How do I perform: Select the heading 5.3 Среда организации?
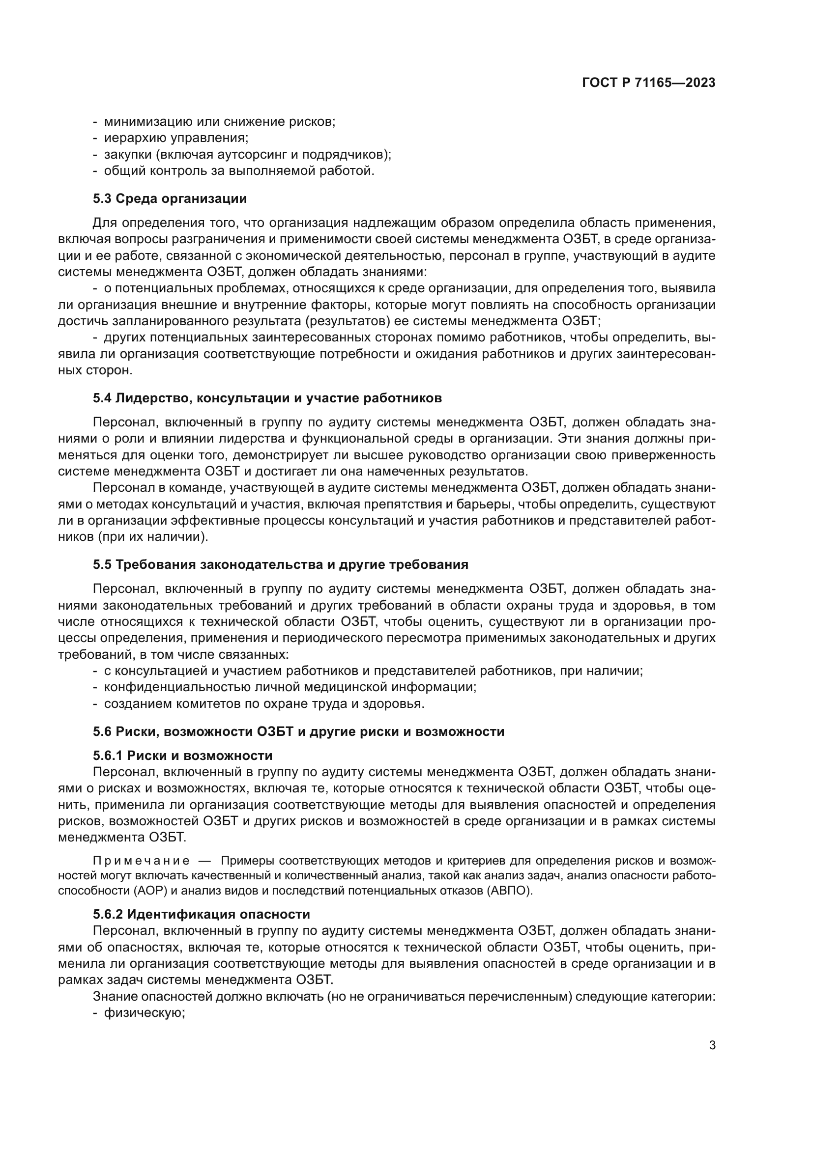[x=170, y=198]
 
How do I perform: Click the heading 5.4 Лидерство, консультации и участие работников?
[x=267, y=398]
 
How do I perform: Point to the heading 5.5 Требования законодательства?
[x=280, y=564]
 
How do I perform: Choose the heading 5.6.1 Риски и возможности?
[x=183, y=755]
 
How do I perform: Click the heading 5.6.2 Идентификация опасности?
[x=201, y=914]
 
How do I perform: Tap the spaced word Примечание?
[x=141, y=861]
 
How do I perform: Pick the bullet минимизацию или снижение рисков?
[x=219, y=121]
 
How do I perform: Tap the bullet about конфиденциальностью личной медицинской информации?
[x=290, y=687]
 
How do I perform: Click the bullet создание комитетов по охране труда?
[x=264, y=703]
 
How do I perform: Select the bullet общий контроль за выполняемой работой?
[x=239, y=170]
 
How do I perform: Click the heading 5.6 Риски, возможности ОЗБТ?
[x=298, y=731]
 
